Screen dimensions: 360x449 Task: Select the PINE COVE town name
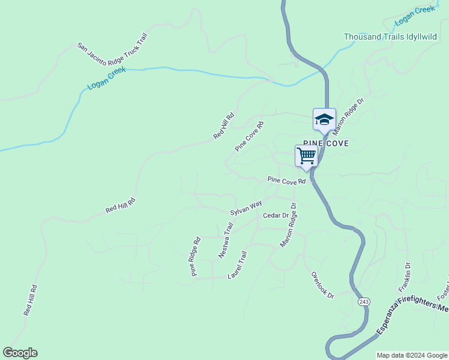326,144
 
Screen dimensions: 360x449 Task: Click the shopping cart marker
306,155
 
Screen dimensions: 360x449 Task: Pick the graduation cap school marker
324,118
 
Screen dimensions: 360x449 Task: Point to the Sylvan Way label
246,209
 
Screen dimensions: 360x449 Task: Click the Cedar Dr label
276,215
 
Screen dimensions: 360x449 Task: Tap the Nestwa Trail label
226,241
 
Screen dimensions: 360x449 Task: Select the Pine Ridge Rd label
195,257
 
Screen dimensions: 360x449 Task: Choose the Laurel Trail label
238,265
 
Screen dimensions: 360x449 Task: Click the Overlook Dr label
322,286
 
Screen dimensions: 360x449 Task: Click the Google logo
20,353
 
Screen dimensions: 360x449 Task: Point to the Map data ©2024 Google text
412,355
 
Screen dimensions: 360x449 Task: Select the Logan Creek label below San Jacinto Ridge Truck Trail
106,79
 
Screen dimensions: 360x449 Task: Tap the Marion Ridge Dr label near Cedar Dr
289,225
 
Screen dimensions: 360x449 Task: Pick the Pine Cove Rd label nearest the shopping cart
287,179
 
